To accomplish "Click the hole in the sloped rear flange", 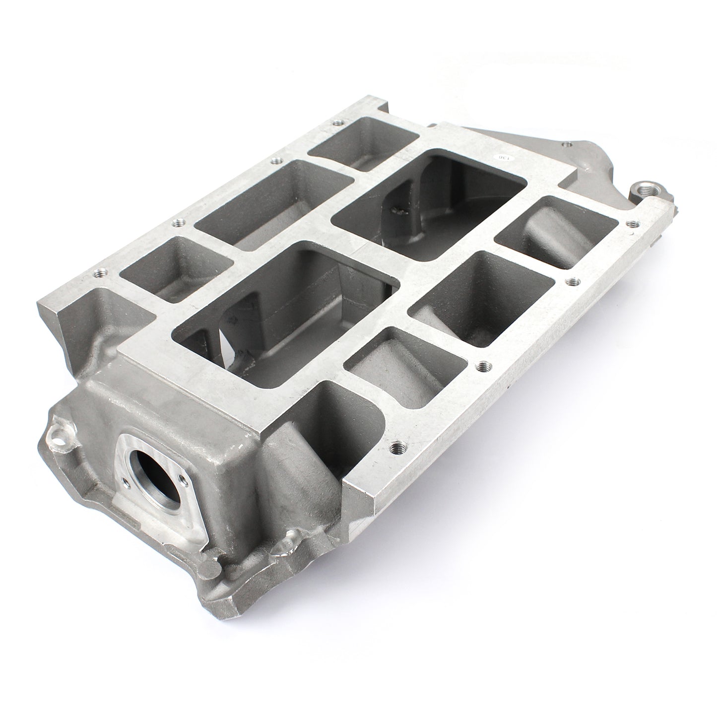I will [565, 144].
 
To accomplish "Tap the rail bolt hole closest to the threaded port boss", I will [631, 224].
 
